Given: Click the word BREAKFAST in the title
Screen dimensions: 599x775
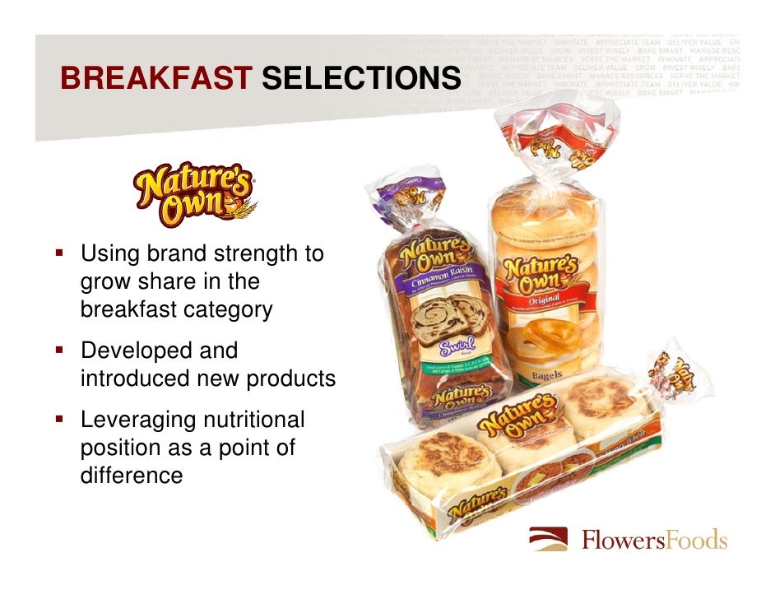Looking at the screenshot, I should pos(155,78).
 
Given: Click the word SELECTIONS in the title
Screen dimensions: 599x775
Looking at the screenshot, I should pos(360,78).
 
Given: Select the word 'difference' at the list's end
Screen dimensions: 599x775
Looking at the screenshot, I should pos(132,476).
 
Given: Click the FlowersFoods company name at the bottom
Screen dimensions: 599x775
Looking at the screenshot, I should pos(655,541).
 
